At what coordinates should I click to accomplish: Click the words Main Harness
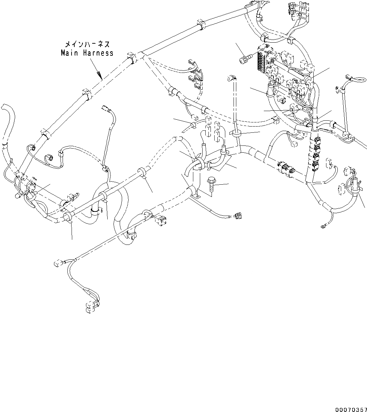click(87, 53)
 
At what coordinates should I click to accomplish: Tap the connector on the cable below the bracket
click(237, 216)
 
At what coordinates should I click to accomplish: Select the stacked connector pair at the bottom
click(90, 307)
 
